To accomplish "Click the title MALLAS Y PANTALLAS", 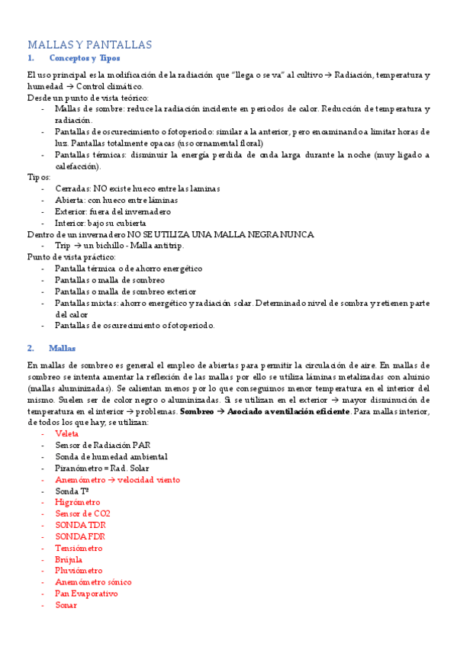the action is [x=90, y=44].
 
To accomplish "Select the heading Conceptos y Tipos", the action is [x=84, y=58].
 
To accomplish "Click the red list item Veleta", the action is [x=66, y=434].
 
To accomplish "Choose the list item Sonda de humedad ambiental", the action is [x=111, y=457].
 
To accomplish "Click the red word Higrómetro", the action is [x=77, y=503].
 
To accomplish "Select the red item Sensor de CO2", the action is [x=82, y=514].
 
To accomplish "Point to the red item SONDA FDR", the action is [x=80, y=537].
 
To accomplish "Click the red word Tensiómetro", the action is [x=79, y=549].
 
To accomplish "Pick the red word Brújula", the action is [x=69, y=560].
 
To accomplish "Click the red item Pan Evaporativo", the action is [x=86, y=594].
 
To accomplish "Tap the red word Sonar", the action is [x=66, y=605].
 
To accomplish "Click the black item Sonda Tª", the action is [x=72, y=491].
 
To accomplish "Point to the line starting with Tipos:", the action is [x=39, y=176].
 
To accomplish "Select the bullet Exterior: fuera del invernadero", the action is [x=113, y=211].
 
